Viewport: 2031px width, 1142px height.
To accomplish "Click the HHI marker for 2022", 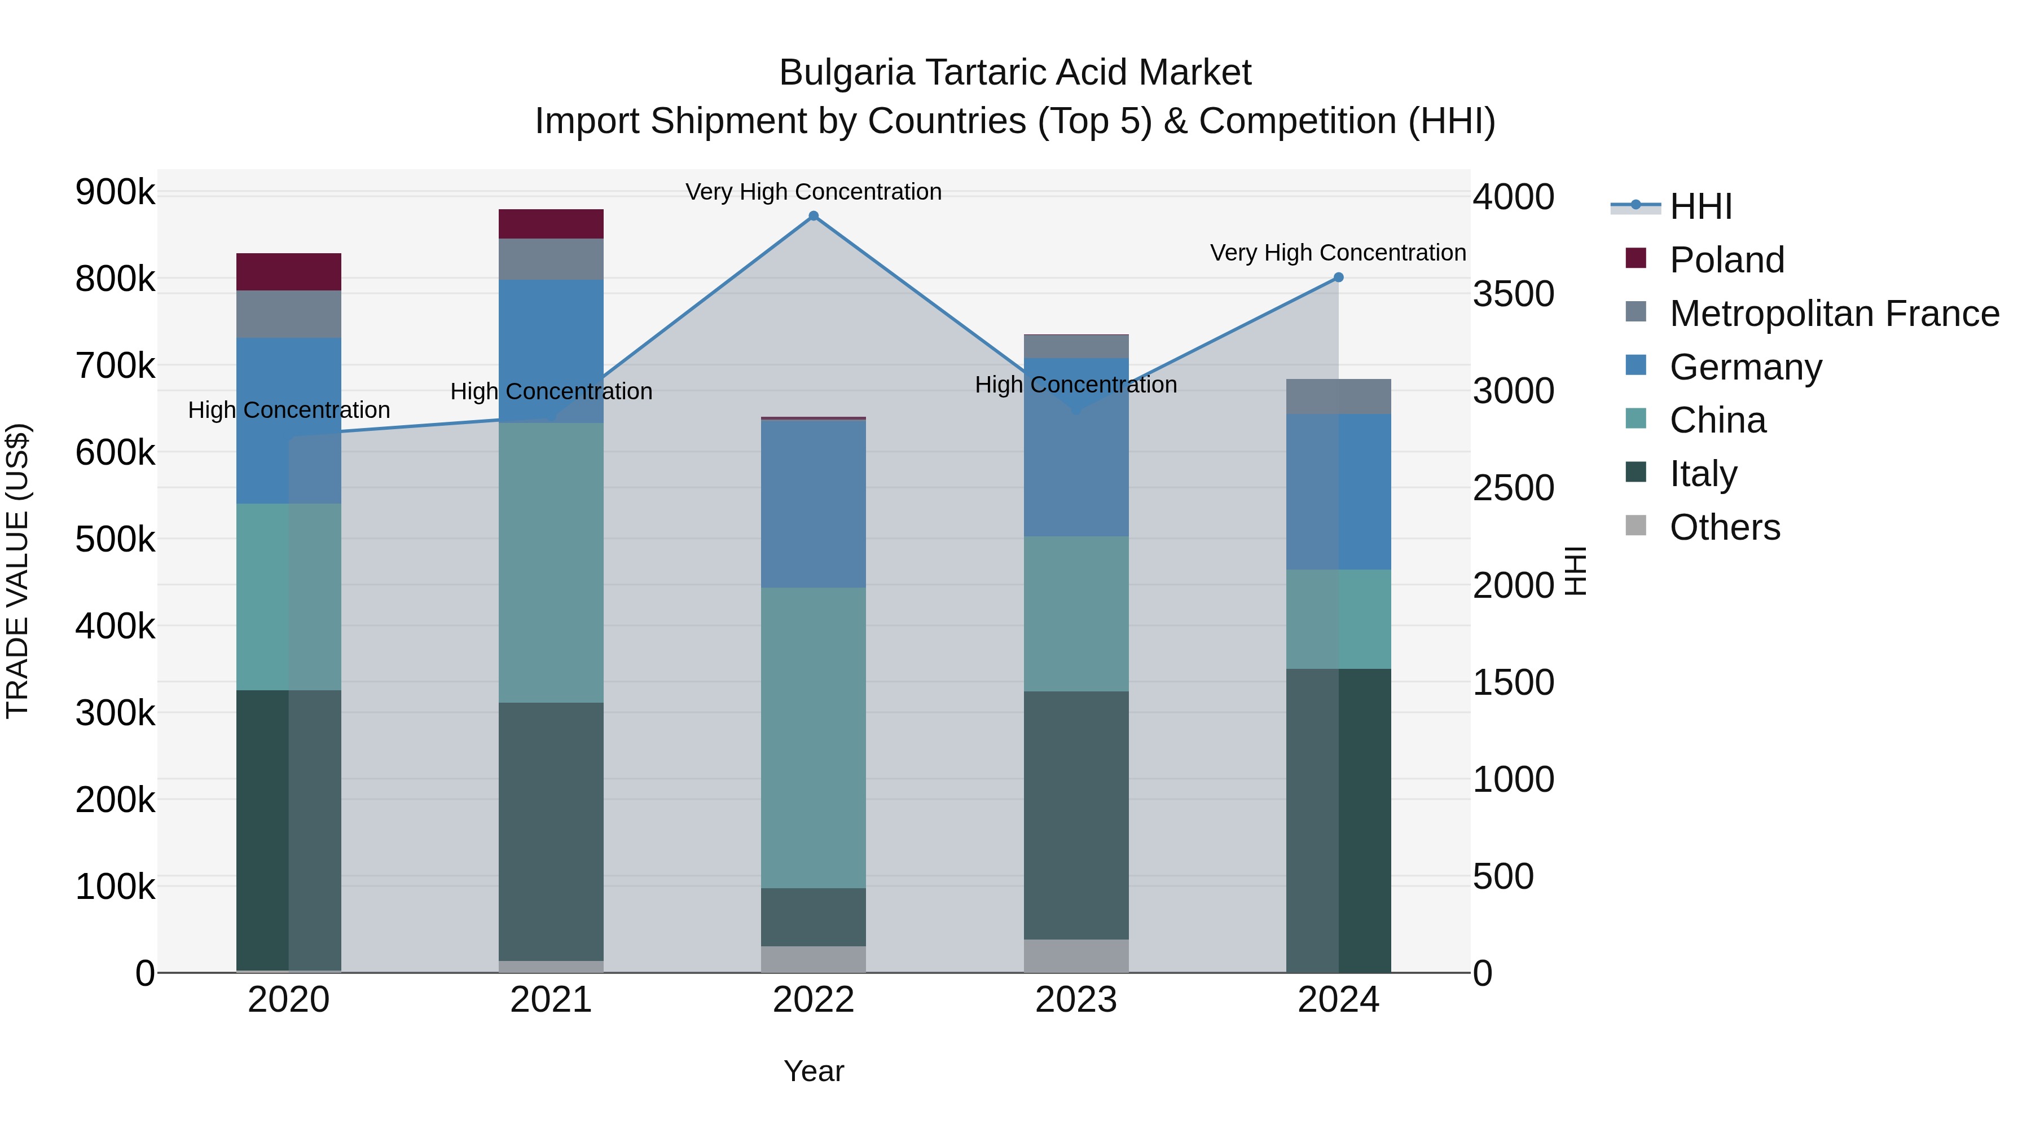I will [x=814, y=216].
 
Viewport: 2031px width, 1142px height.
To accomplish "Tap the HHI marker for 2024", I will [x=1338, y=277].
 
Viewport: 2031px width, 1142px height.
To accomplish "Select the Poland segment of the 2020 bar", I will [x=288, y=272].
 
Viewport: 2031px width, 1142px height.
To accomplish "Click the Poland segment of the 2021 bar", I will [x=551, y=224].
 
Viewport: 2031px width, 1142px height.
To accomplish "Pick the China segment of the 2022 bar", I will [x=814, y=737].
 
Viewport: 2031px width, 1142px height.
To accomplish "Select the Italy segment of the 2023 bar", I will [x=1076, y=815].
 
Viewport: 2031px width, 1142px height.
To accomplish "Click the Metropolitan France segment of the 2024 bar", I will [x=1338, y=396].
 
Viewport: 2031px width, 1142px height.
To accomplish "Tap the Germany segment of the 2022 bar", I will [x=814, y=504].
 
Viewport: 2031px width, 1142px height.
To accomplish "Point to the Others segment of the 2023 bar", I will [x=1076, y=955].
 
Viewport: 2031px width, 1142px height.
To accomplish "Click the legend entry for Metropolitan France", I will [x=1834, y=314].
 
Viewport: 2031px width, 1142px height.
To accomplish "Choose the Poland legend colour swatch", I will [x=1636, y=258].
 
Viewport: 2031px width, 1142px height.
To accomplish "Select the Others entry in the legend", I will [x=1724, y=527].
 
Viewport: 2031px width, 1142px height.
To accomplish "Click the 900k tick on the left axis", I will [x=115, y=192].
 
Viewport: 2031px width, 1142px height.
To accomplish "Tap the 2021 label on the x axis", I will [x=551, y=1000].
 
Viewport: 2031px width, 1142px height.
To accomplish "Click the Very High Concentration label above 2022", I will [x=814, y=192].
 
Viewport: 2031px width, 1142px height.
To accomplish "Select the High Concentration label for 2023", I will [x=1076, y=385].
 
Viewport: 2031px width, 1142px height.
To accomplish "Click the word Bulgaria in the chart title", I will [x=847, y=73].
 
